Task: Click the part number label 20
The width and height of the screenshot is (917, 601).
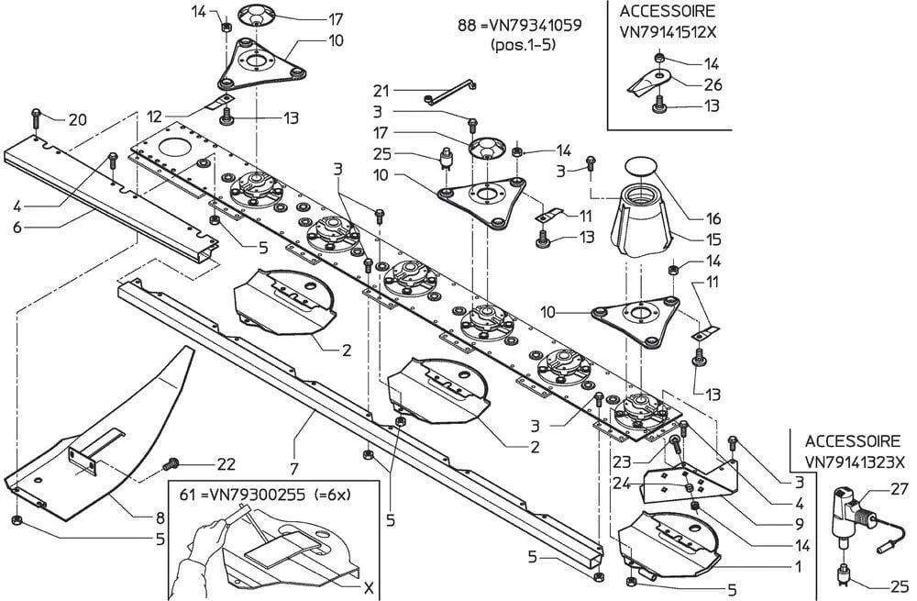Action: (78, 119)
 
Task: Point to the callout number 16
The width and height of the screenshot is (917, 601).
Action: (713, 219)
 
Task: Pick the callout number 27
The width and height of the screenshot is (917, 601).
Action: (898, 490)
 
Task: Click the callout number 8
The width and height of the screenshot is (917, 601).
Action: (160, 518)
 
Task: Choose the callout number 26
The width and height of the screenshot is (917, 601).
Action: (712, 84)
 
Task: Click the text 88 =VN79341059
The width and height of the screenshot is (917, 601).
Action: (519, 25)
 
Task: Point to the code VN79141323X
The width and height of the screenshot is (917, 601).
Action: (855, 463)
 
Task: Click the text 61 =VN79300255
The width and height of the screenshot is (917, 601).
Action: (242, 493)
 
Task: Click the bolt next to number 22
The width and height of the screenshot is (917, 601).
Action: (170, 464)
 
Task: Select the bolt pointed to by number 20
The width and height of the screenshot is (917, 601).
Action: (35, 116)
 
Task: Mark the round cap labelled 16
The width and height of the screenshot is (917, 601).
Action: (642, 166)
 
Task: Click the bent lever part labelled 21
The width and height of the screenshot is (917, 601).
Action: (450, 93)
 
